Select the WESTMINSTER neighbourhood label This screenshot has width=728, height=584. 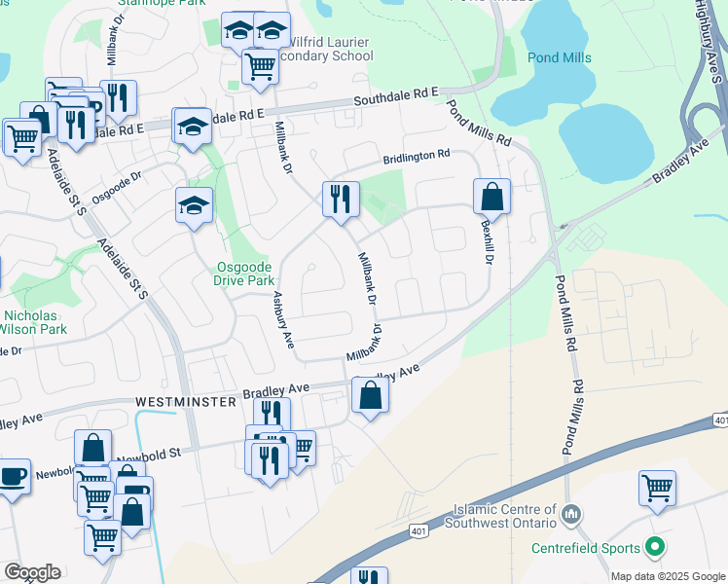coord(186,401)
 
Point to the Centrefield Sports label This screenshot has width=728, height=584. coord(586,549)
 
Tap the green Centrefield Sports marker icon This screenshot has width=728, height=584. coord(655,549)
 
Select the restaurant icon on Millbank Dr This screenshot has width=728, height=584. coord(341,199)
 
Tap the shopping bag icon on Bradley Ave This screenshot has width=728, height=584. coord(370,394)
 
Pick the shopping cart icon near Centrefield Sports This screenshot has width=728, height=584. coord(657,487)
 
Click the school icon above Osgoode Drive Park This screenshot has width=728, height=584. coord(194,205)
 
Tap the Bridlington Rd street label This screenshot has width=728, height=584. coord(417,155)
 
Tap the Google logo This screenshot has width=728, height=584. coord(32,571)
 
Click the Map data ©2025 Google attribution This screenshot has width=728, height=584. coord(667,576)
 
